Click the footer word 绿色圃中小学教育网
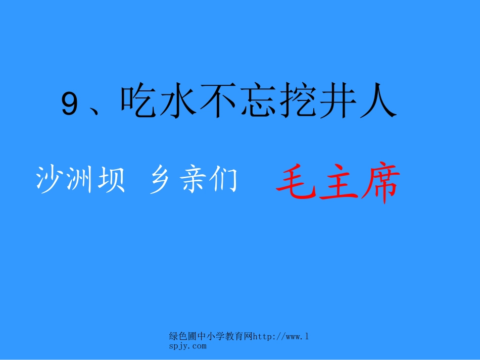210,337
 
